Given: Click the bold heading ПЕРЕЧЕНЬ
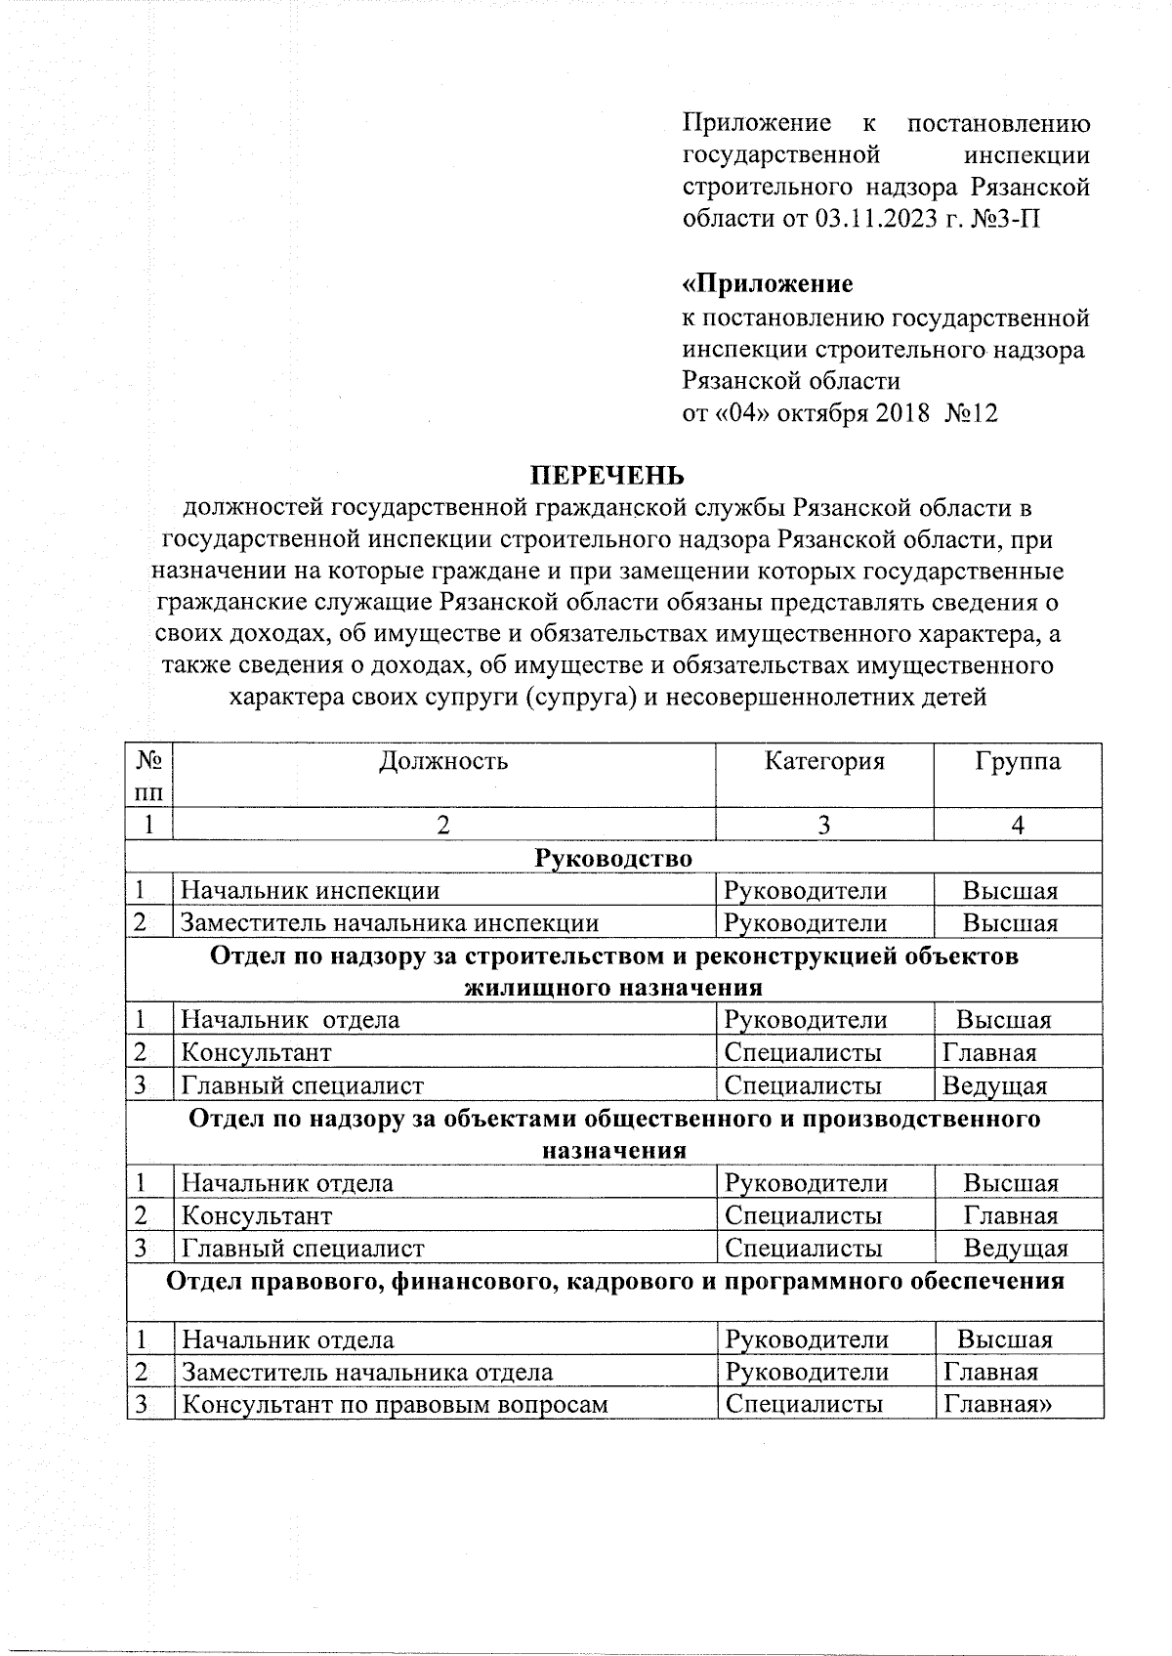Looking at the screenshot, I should tap(607, 476).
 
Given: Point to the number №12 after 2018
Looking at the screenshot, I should tap(971, 413).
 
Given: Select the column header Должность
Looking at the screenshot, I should tap(443, 761).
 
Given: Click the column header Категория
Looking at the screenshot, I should tap(824, 761).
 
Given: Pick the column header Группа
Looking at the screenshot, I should tap(1017, 761).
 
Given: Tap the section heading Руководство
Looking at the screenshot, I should tap(613, 858).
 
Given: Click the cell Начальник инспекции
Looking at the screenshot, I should tap(311, 890).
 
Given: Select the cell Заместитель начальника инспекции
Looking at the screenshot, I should tap(390, 922).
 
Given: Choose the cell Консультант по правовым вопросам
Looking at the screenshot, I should tap(396, 1404).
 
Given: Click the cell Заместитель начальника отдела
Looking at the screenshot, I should tap(367, 1372).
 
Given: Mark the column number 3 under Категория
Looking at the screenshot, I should tap(824, 826).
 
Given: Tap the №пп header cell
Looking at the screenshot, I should tap(149, 774).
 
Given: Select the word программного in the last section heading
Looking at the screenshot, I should tap(816, 1280).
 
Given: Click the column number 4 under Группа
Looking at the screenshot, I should tap(1017, 826).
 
